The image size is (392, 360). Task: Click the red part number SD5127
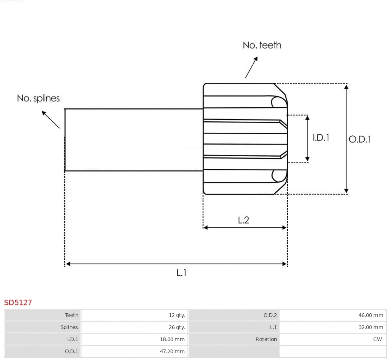18,303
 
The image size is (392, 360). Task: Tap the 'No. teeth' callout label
262,45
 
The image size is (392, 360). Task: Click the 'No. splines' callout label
38,99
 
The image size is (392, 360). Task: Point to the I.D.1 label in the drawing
321,138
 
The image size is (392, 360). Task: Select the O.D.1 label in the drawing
360,139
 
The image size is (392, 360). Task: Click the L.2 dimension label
243,220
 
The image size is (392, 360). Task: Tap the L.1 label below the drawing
181,273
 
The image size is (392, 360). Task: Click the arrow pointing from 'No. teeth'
252,67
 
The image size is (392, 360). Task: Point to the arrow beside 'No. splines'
50,120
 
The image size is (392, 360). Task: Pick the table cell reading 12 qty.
177,315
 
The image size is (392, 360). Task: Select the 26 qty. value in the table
177,327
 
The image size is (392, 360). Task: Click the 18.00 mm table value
172,339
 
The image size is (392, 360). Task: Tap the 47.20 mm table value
172,352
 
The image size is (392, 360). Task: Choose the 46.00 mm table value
371,315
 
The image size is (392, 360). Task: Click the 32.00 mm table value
371,327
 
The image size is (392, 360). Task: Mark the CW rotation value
378,339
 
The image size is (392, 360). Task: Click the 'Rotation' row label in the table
266,339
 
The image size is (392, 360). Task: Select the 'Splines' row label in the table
69,327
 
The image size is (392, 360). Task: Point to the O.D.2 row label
270,315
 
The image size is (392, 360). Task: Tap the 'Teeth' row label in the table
72,315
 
